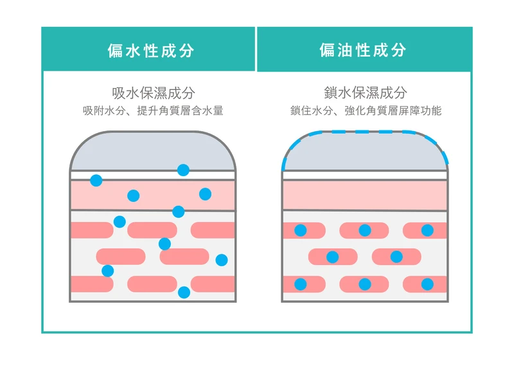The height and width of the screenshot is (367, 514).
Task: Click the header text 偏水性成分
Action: (150, 51)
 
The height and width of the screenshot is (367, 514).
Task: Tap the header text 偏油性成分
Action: (363, 50)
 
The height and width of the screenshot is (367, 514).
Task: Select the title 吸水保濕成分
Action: (153, 93)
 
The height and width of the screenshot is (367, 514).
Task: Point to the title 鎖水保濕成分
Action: (366, 93)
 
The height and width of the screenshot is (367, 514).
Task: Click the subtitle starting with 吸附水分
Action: (153, 111)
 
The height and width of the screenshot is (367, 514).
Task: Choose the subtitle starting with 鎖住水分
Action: (366, 111)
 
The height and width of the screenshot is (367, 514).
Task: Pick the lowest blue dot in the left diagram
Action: (184, 292)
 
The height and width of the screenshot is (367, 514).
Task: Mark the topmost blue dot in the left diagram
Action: (183, 170)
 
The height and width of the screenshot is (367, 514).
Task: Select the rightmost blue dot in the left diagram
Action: (222, 260)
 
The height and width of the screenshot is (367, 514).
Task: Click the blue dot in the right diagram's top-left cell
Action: (300, 230)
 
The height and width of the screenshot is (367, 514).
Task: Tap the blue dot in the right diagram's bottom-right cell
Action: (427, 284)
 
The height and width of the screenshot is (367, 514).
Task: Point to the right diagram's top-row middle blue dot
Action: (365, 230)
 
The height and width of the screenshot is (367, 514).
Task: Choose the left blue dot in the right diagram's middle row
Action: (332, 257)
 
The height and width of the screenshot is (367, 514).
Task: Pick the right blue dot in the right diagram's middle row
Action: (396, 257)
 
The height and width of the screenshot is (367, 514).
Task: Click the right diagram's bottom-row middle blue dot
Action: (365, 284)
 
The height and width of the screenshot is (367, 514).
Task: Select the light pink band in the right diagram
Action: (365, 195)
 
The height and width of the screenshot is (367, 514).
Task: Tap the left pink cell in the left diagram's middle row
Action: (121, 256)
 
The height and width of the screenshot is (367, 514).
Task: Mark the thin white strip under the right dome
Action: (365, 175)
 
